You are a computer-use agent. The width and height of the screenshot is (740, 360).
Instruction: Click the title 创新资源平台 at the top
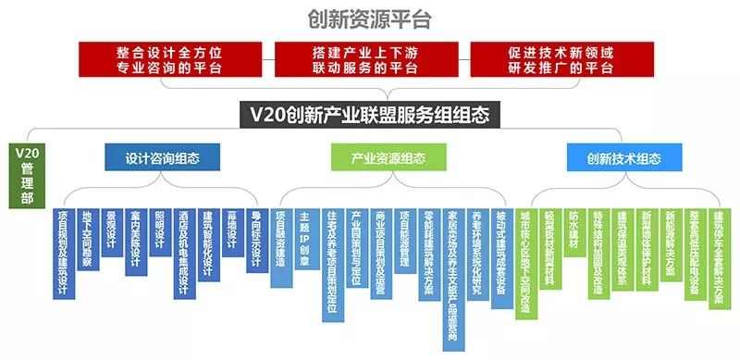pos(370,19)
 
